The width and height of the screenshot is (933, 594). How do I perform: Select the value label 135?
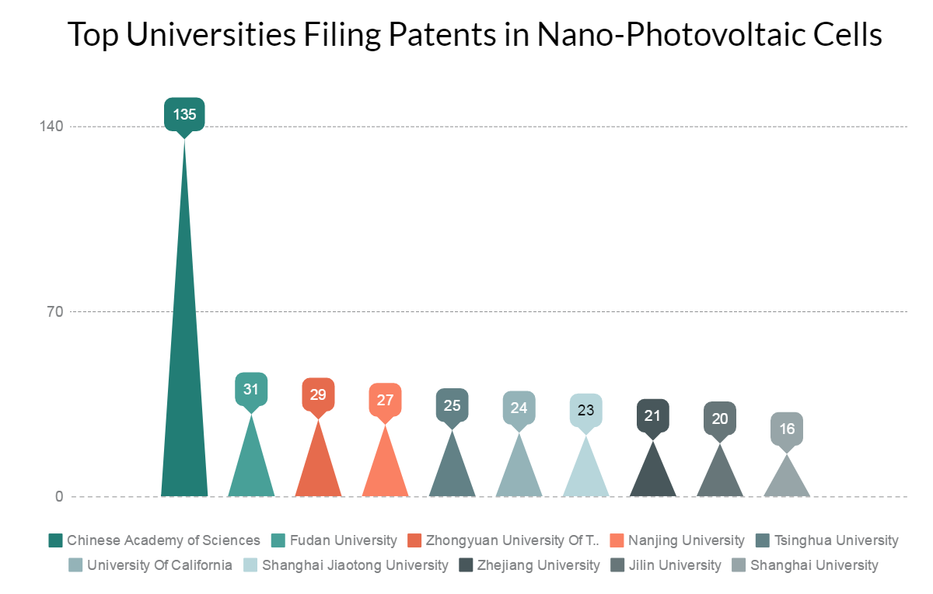coord(184,115)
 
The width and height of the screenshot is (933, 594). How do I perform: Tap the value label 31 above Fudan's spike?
coord(251,390)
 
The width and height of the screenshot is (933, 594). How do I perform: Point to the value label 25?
coord(452,405)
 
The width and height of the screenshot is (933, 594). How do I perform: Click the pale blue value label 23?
coord(586,410)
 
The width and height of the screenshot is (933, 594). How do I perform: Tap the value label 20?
coord(720,419)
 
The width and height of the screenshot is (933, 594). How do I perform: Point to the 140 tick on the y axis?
coord(52,127)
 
